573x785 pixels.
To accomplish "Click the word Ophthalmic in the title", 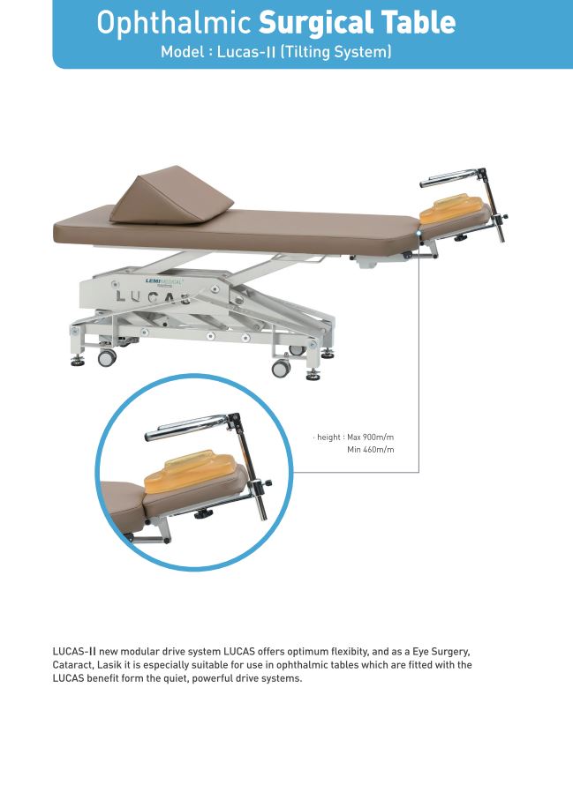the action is pos(174,24).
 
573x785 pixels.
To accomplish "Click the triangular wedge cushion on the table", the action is pos(171,195).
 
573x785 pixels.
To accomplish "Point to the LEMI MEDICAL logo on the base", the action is pos(164,282).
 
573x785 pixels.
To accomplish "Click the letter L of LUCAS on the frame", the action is pos(120,295).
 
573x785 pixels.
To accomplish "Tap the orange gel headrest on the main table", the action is pos(452,208).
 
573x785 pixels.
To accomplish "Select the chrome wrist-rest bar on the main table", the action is pos(450,177).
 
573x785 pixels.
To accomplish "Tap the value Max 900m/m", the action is pos(371,437).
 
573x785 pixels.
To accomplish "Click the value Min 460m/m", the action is pos(371,450).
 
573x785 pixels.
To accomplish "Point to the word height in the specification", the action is pos(328,437).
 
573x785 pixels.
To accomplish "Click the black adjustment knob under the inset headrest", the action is pos(202,513).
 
